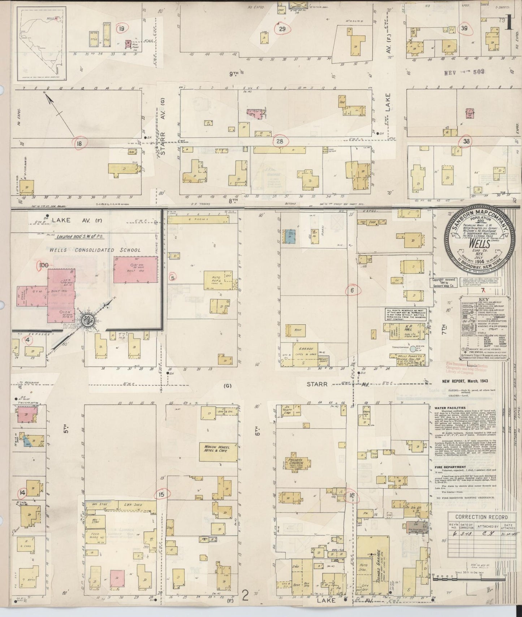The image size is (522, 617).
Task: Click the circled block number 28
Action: [x=280, y=141]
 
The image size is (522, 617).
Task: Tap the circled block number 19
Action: [x=121, y=28]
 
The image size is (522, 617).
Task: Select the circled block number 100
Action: [x=43, y=266]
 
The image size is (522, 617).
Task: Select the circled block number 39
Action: [x=465, y=29]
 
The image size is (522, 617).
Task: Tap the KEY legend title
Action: [x=483, y=300]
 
